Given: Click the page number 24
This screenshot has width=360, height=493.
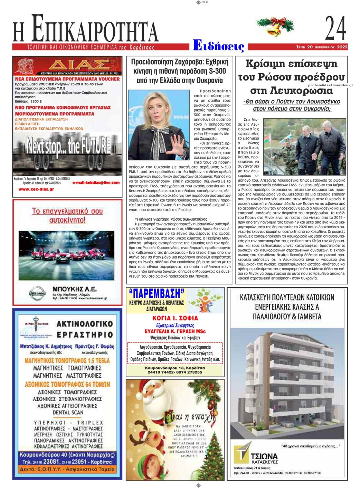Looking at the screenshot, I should pyautogui.click(x=335, y=28).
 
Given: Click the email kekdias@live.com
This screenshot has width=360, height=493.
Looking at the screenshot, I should pyautogui.click(x=96, y=183).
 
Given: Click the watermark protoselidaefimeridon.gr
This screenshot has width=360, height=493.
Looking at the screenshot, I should pyautogui.click(x=329, y=85).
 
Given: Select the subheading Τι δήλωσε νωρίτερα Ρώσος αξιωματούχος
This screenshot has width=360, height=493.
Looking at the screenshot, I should pyautogui.click(x=171, y=219).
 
